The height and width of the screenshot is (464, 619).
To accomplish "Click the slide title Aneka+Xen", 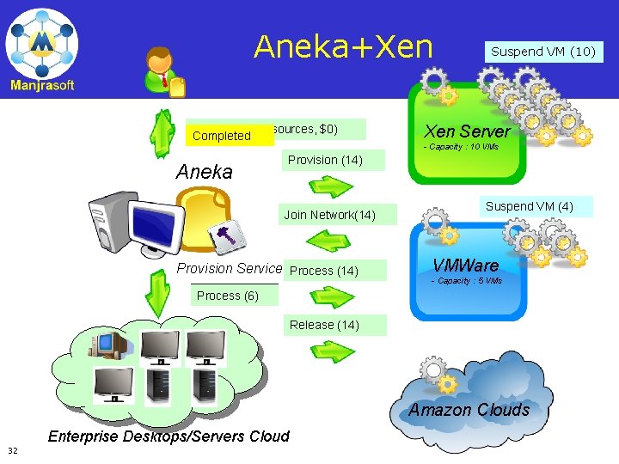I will click(x=343, y=46).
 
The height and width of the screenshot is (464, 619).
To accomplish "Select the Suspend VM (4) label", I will click(x=529, y=206).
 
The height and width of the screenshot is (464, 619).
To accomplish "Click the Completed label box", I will click(x=222, y=136).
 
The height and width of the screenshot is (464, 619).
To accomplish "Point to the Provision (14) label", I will click(x=325, y=160).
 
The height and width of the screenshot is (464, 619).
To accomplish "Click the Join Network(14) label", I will click(x=329, y=215).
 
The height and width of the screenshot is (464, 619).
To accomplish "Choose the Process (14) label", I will click(x=324, y=271).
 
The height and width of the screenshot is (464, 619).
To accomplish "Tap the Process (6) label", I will click(x=227, y=296).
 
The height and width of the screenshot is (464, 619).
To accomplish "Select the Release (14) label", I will click(x=324, y=325).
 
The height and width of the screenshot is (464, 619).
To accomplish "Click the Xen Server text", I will click(x=467, y=131).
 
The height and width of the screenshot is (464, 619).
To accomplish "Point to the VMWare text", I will click(x=465, y=266).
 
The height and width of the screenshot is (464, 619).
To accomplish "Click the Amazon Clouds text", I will click(x=469, y=410).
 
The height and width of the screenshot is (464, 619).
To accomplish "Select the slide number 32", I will click(x=13, y=450).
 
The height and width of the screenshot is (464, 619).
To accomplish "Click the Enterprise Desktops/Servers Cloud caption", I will click(x=169, y=437).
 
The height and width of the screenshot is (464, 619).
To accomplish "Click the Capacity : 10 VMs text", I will click(x=463, y=147).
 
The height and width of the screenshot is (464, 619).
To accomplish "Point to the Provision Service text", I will click(x=229, y=268).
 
